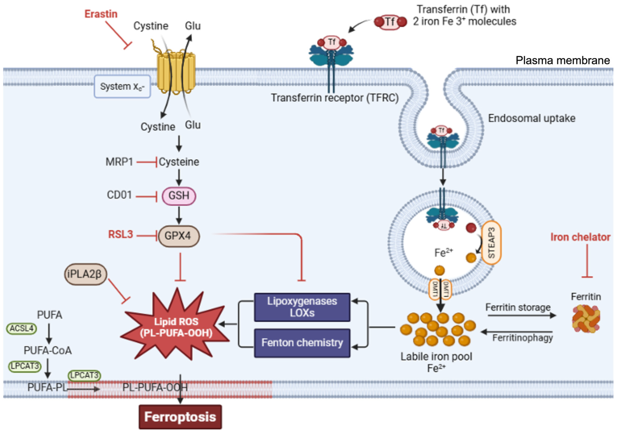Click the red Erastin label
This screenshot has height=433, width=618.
(101, 14)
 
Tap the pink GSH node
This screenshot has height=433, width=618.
(179, 196)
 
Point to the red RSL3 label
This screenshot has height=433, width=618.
(120, 234)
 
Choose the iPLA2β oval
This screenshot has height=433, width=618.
(86, 274)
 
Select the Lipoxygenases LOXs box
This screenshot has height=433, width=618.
(302, 307)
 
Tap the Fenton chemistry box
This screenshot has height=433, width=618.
(302, 343)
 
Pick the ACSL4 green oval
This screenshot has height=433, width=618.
(21, 329)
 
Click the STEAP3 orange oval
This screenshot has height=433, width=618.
(491, 242)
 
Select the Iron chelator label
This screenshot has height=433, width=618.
(580, 237)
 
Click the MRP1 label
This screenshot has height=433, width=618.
(119, 162)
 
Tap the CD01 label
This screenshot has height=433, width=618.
(119, 195)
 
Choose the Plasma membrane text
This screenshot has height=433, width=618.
(563, 61)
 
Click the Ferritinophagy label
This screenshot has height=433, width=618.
(522, 337)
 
